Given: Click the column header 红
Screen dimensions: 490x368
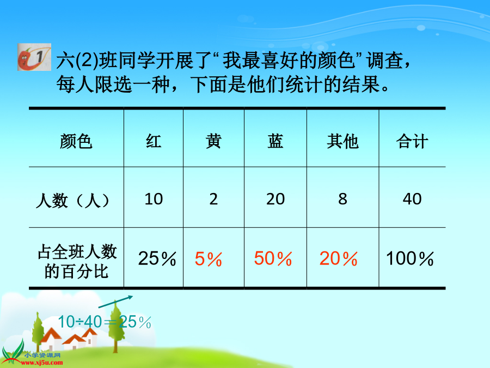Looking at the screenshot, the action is (x=154, y=141).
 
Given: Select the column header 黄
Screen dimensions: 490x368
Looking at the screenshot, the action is (x=213, y=141).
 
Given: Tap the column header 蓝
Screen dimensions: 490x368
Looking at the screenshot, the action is (x=275, y=141).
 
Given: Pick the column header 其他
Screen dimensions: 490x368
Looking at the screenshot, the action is (x=342, y=141).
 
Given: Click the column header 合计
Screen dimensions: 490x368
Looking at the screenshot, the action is (x=412, y=141).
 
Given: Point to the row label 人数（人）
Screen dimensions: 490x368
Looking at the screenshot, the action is (x=73, y=201).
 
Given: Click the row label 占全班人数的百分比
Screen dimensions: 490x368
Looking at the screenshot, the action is (x=77, y=261).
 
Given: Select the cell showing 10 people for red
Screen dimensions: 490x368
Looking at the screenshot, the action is (x=154, y=199).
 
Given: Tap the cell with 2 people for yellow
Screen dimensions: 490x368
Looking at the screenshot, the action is (x=213, y=199).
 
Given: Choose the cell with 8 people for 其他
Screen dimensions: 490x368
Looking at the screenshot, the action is (x=342, y=199).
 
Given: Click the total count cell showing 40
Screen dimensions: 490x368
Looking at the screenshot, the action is (x=412, y=199).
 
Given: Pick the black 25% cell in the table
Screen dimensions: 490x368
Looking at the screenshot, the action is (x=157, y=259).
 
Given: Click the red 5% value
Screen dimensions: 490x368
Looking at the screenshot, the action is (x=208, y=260).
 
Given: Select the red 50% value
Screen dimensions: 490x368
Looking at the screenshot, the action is (x=273, y=259).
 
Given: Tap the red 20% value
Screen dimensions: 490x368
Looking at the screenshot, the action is (x=339, y=259).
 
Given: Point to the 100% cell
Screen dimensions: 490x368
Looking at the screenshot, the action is (x=409, y=259).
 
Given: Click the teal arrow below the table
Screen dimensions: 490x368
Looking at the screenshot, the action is (x=115, y=301).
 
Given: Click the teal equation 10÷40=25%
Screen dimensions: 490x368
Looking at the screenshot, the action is (x=105, y=322).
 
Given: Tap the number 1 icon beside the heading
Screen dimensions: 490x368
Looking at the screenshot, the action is (x=34, y=57).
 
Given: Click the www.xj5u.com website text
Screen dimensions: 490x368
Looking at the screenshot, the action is (x=42, y=363).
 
